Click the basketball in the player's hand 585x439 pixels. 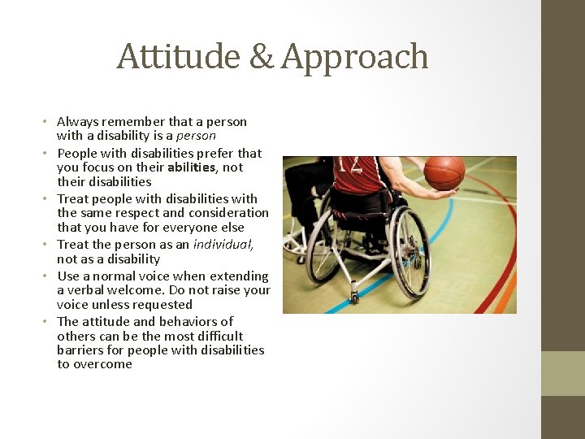tap(444, 172)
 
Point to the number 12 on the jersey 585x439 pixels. tap(350, 165)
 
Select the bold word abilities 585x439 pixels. tap(193, 167)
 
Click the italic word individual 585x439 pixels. tap(223, 245)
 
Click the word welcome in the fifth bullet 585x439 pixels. tap(139, 290)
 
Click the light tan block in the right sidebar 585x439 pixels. tap(563, 373)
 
